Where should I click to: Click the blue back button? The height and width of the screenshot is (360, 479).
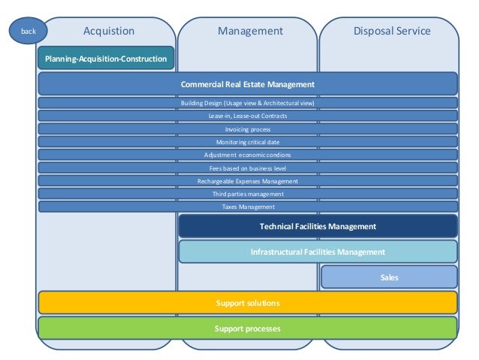[28, 31]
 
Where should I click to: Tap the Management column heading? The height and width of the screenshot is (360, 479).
[250, 31]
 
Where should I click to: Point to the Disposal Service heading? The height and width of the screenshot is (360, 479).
[392, 31]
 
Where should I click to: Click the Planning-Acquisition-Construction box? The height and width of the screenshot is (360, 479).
[106, 59]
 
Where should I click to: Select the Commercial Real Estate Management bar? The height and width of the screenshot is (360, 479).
[248, 84]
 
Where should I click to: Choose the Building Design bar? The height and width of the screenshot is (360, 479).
[248, 103]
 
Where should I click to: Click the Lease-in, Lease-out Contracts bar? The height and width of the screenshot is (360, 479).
[248, 116]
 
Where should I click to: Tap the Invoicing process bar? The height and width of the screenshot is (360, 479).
[248, 129]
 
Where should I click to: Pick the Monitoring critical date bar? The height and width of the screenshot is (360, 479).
[248, 142]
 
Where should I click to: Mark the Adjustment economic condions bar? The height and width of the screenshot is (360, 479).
[248, 155]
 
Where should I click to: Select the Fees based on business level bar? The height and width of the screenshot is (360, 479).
[248, 168]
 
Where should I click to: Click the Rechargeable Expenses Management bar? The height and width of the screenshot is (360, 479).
[248, 181]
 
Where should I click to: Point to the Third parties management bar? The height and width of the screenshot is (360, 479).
[248, 194]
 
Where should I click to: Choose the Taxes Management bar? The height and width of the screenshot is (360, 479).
[248, 207]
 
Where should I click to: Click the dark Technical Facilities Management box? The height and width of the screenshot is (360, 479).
[318, 226]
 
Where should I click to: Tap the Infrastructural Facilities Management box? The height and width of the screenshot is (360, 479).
[318, 252]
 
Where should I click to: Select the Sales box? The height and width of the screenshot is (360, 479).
[389, 277]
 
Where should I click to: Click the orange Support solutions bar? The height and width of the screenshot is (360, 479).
[248, 303]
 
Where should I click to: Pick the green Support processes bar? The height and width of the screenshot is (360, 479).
[248, 329]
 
